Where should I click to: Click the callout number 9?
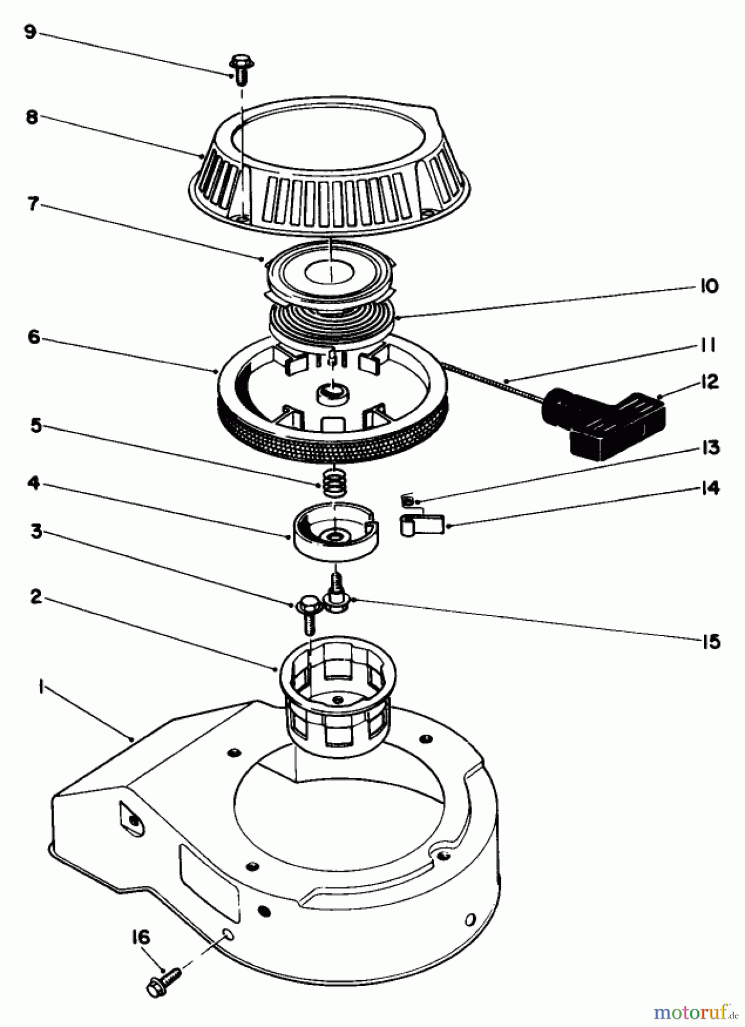click(x=30, y=32)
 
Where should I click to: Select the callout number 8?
click(x=32, y=118)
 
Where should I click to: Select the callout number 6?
click(x=33, y=337)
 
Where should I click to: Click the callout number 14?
click(x=709, y=488)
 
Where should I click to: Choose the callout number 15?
click(x=710, y=642)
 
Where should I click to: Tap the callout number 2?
click(x=36, y=599)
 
